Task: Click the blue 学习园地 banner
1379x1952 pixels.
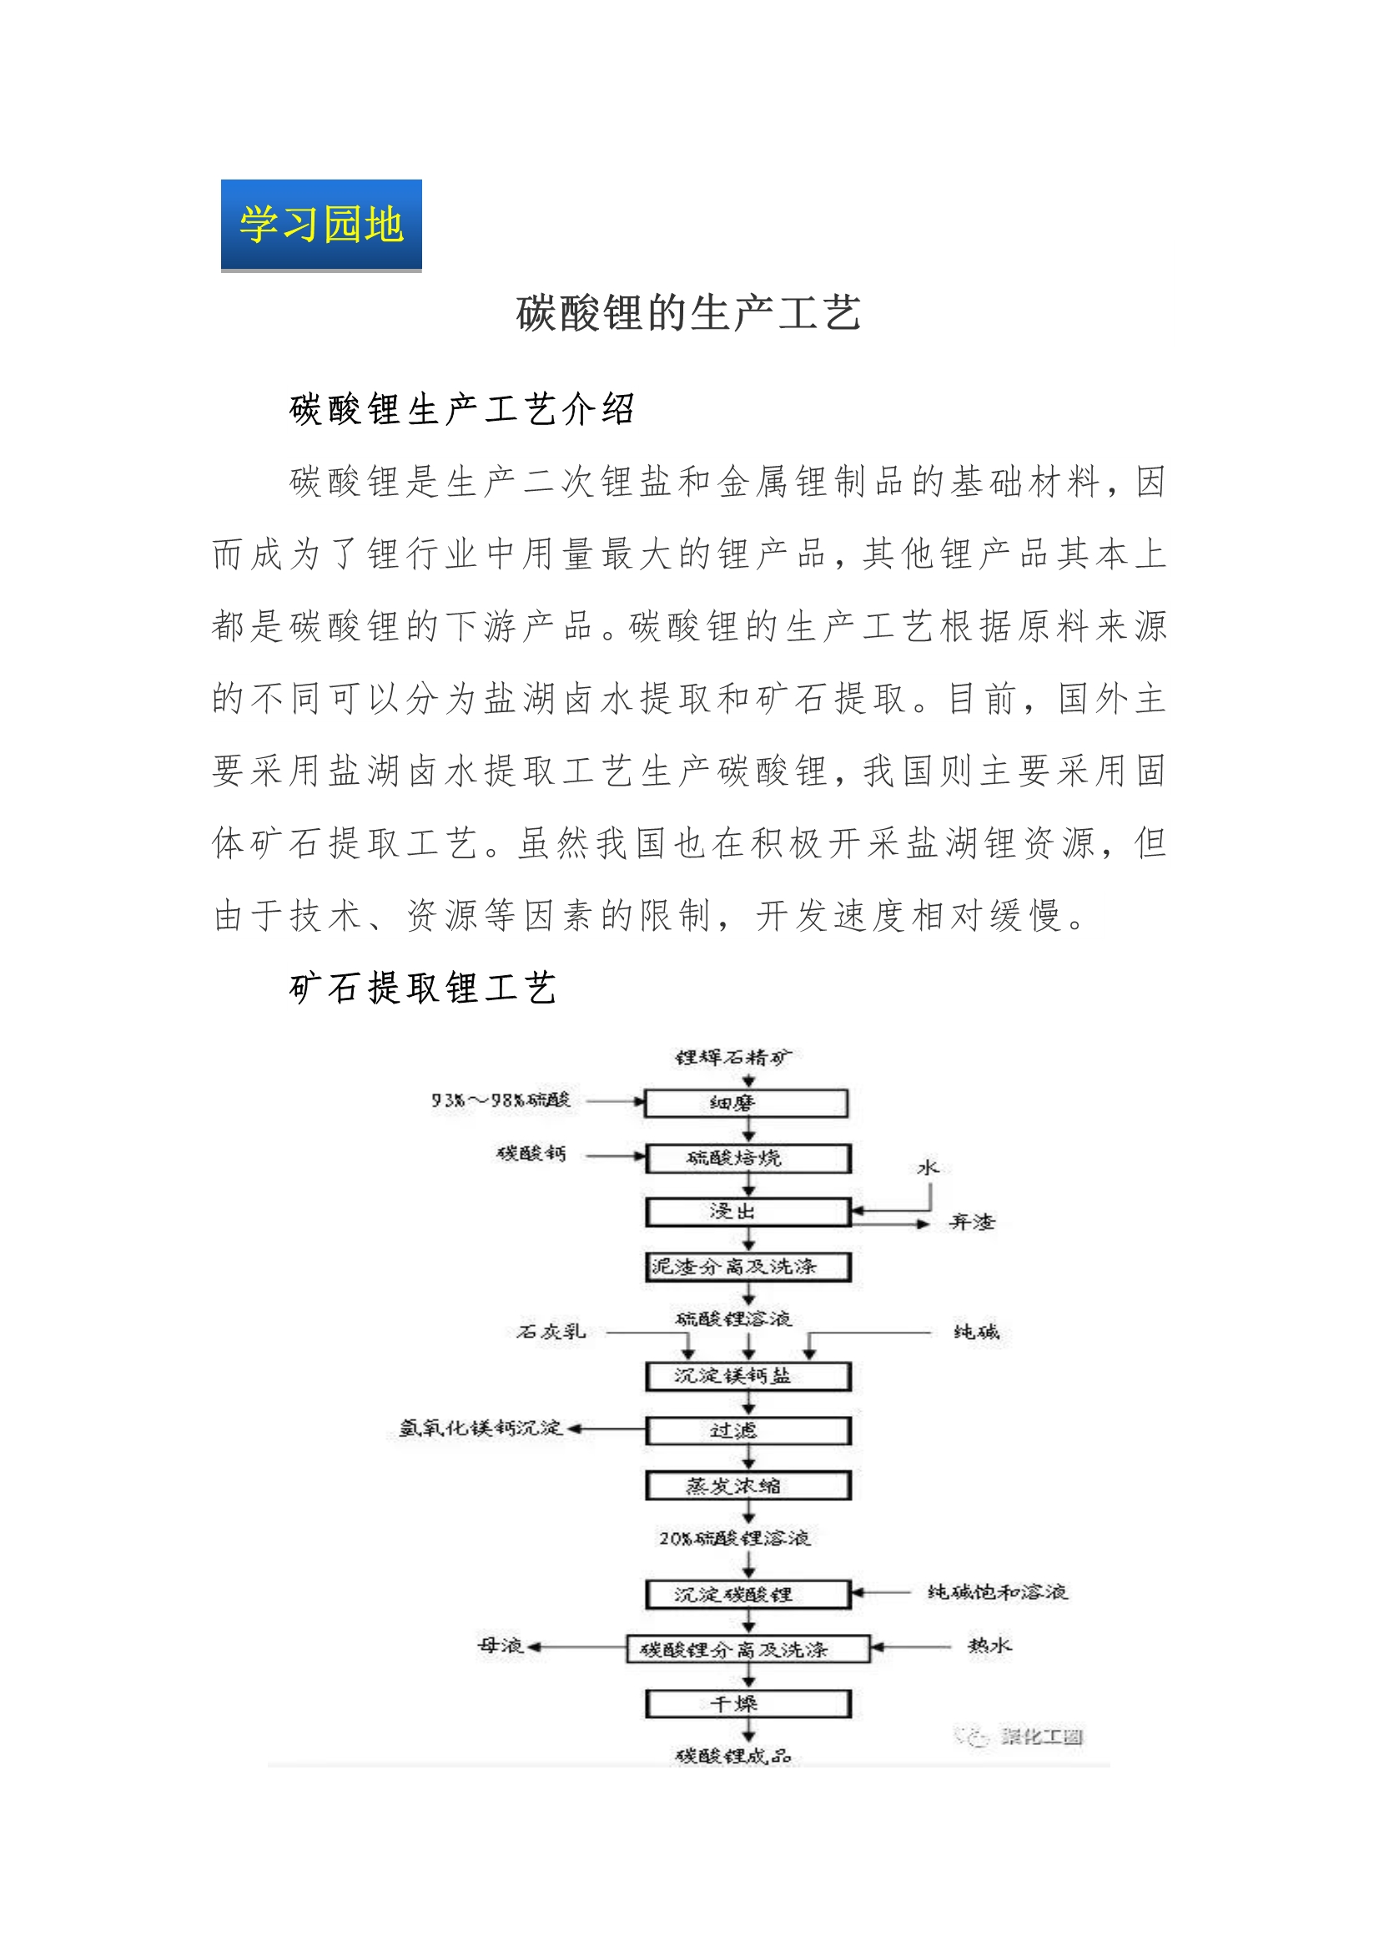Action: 321,225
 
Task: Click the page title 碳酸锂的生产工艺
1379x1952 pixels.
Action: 688,313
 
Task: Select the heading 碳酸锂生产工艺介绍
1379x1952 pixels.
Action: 462,409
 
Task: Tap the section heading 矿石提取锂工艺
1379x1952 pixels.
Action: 423,988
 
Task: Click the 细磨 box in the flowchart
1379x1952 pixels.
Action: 747,1104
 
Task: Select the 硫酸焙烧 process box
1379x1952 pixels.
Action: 747,1158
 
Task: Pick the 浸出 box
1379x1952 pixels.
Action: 747,1211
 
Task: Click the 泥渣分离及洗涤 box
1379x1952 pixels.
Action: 747,1267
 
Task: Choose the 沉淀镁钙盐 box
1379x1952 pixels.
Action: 747,1377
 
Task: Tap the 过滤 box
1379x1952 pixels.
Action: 747,1431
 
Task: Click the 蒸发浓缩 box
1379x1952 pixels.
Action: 747,1486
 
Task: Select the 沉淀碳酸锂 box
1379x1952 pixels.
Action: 747,1595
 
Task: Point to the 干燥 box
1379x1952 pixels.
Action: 747,1704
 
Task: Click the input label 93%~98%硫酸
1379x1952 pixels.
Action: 501,1100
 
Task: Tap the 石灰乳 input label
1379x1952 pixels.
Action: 551,1332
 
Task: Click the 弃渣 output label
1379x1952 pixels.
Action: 972,1222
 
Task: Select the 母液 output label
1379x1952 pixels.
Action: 501,1646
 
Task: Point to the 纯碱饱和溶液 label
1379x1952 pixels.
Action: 998,1591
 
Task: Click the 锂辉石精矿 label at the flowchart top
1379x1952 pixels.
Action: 733,1058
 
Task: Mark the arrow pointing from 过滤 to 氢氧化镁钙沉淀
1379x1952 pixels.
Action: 606,1429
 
